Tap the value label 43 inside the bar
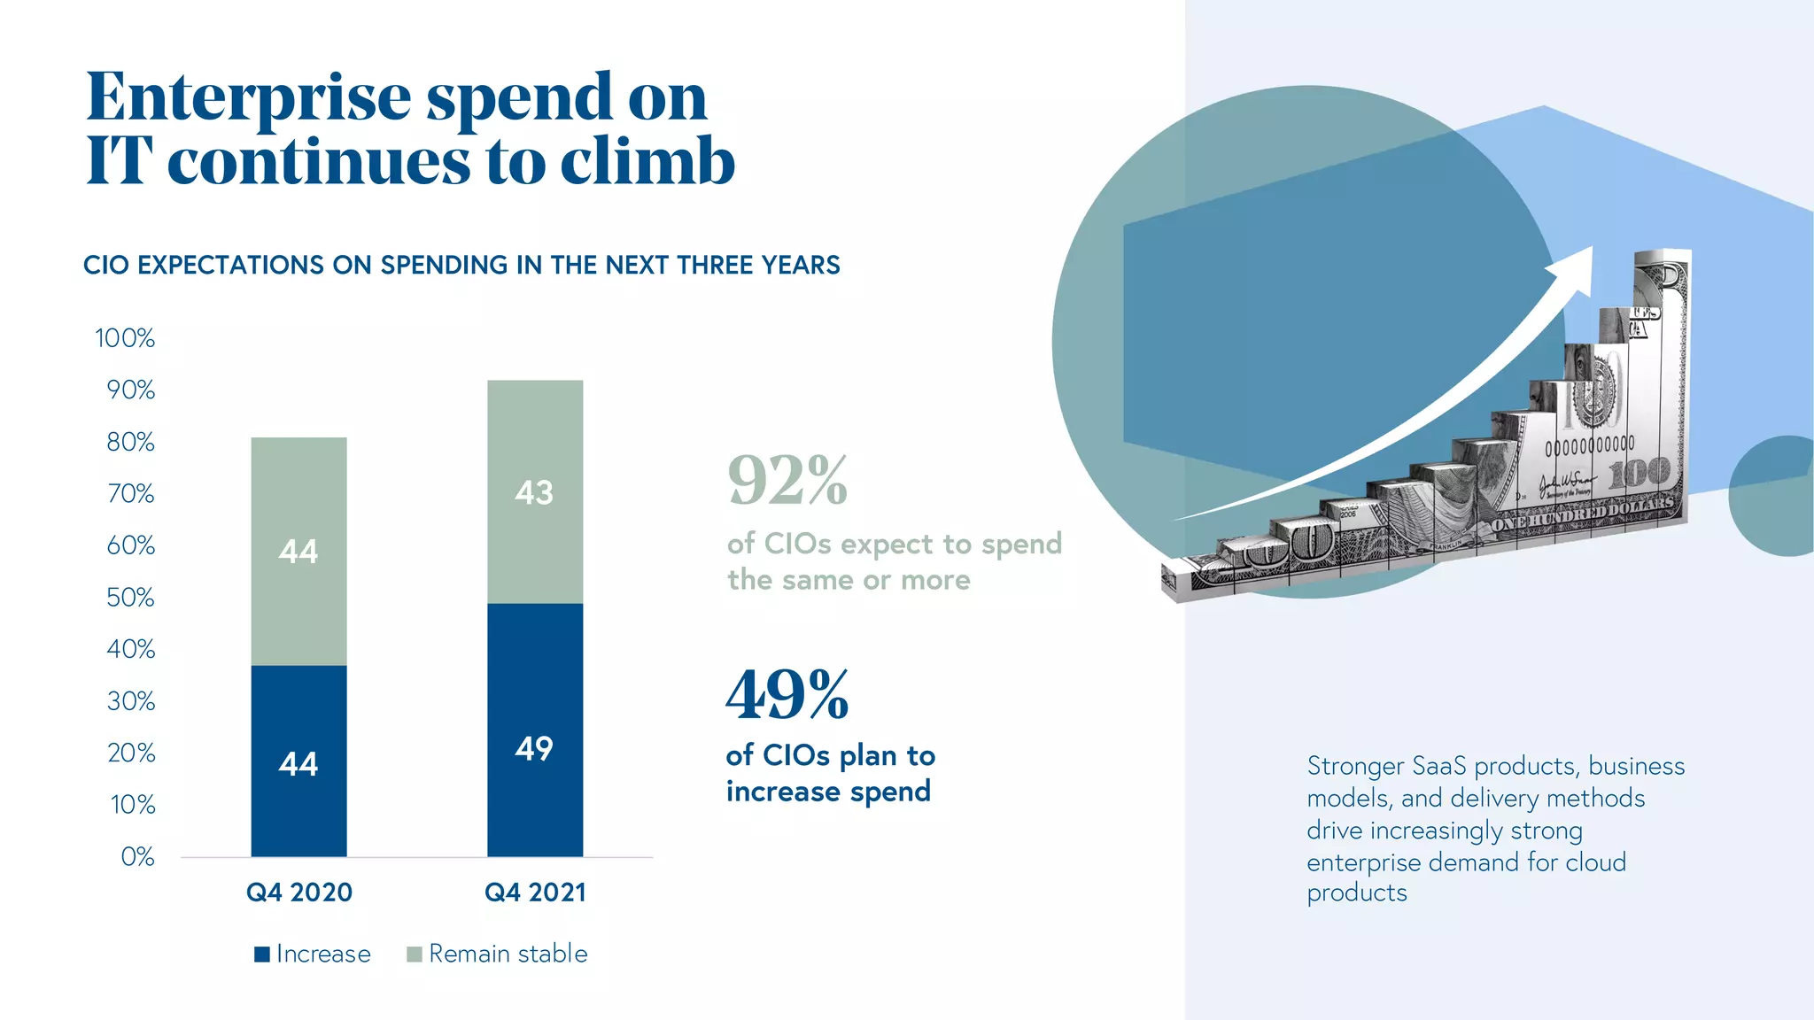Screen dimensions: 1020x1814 tap(534, 492)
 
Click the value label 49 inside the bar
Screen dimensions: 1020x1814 tap(534, 749)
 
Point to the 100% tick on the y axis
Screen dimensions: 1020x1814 tap(125, 338)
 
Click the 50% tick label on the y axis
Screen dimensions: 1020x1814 tap(130, 598)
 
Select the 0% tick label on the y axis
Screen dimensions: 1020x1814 tap(137, 857)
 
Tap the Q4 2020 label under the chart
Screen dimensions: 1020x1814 tap(299, 892)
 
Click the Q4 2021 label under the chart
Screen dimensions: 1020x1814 tap(535, 892)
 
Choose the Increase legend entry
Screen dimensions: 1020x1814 tap(313, 954)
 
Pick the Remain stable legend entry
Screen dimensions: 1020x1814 tap(498, 954)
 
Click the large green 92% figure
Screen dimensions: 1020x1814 tap(787, 481)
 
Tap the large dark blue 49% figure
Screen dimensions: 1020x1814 tap(787, 696)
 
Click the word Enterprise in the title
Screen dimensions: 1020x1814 tap(249, 97)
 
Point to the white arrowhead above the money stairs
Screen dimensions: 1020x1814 tap(1575, 268)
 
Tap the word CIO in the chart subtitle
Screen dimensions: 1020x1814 tap(106, 266)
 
